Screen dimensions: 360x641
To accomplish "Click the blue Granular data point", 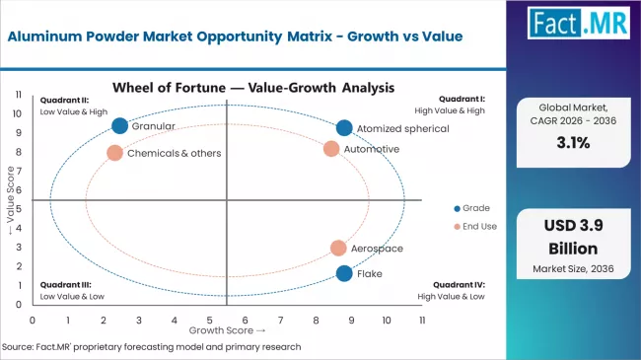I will tap(120, 125).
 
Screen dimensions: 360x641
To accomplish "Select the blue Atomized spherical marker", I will tap(343, 127).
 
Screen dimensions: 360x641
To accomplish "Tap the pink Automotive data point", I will tap(331, 149).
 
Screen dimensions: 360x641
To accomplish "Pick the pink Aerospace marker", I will tap(338, 249).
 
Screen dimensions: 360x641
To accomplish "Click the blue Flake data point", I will tap(343, 273).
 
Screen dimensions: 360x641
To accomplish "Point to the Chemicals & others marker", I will tap(114, 153).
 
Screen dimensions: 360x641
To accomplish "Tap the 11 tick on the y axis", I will tap(19, 95).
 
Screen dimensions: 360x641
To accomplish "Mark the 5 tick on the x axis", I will tap(209, 320).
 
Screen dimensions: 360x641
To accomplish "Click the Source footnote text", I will tap(151, 347).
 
